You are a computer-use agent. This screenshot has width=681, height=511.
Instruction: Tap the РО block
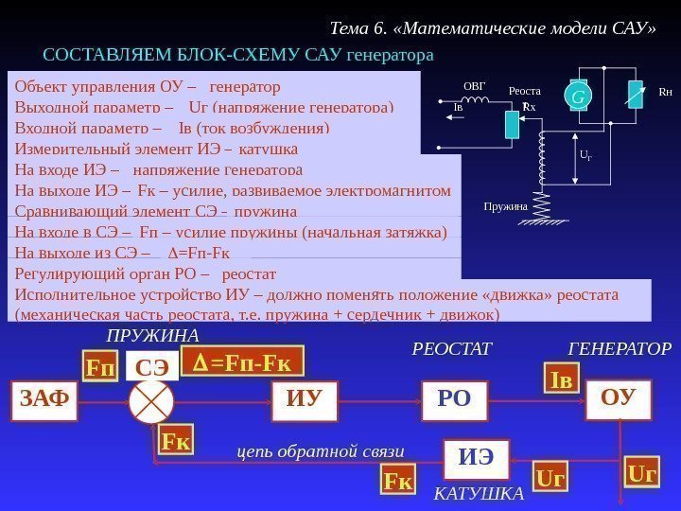pyautogui.click(x=454, y=398)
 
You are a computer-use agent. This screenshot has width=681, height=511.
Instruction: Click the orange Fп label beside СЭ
pyautogui.click(x=98, y=366)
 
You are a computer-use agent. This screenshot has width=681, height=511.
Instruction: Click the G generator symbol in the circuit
pyautogui.click(x=574, y=96)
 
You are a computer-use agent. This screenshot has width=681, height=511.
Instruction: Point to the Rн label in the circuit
pyautogui.click(x=665, y=94)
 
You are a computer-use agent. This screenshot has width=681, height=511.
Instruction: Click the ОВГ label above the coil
pyautogui.click(x=475, y=87)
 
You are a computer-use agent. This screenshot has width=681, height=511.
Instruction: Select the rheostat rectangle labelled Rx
pyautogui.click(x=513, y=123)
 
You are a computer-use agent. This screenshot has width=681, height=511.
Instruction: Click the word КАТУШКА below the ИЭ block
pyautogui.click(x=479, y=494)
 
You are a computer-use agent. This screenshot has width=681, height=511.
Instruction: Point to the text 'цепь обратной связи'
pyautogui.click(x=320, y=451)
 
